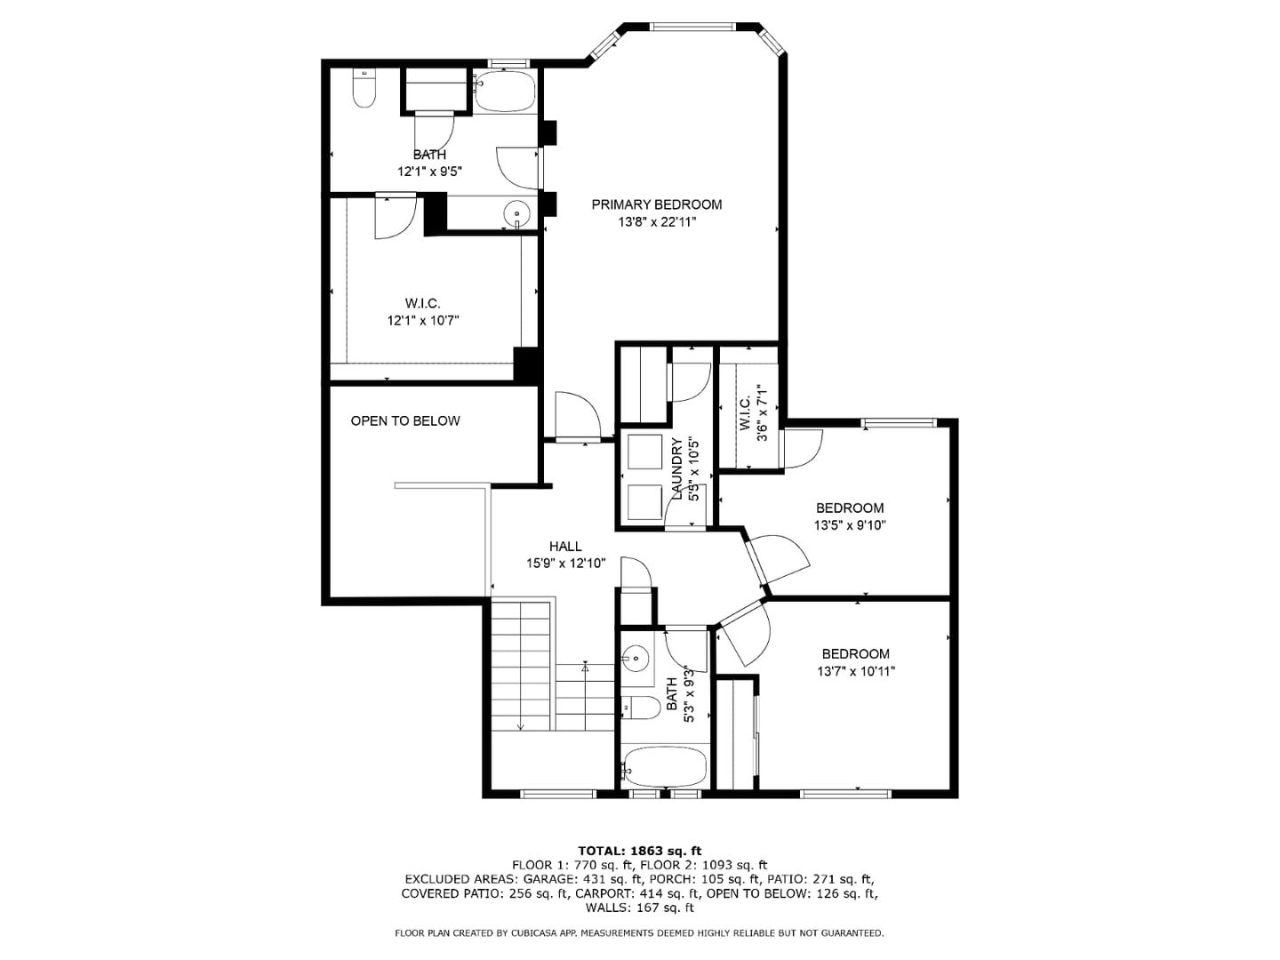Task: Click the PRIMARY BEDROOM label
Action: [657, 204]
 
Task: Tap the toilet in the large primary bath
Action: [364, 90]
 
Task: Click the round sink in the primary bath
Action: [516, 214]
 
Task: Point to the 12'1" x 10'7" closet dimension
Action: [423, 321]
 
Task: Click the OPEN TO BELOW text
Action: [405, 421]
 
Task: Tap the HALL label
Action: [565, 547]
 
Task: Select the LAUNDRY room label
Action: [677, 468]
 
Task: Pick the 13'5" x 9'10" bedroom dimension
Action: [850, 525]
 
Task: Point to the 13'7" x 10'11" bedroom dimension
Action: [856, 672]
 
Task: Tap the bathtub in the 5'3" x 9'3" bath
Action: [665, 766]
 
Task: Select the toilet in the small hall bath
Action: [640, 708]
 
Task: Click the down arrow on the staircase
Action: [521, 724]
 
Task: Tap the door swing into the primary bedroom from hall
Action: [576, 415]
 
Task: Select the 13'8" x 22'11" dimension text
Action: [657, 222]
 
